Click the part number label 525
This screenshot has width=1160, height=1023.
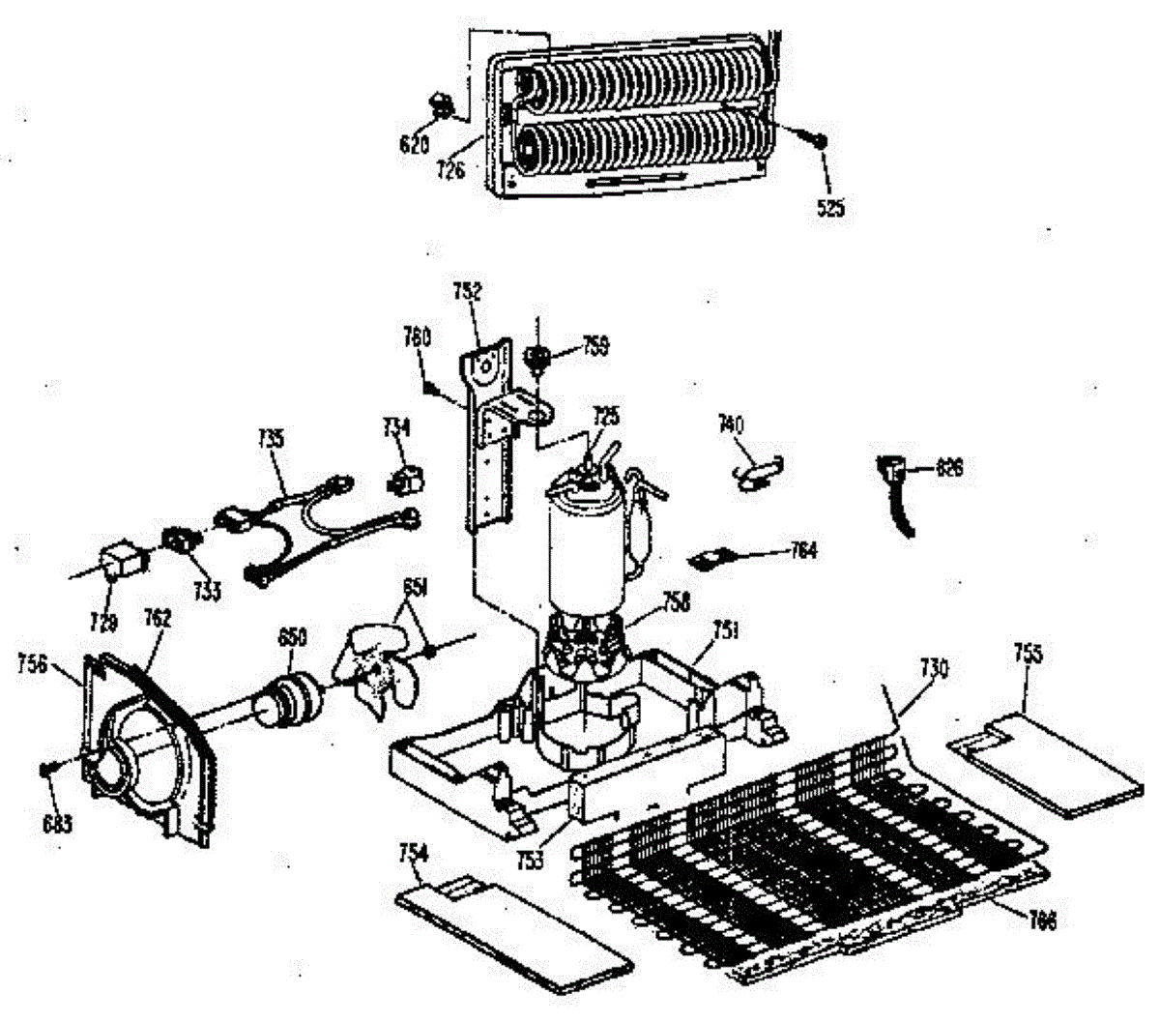tap(829, 207)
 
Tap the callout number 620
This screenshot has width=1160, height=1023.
tap(414, 146)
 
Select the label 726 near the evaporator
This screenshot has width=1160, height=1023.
tap(450, 170)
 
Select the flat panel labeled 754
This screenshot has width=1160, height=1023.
tap(516, 927)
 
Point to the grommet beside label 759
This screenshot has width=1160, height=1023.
tap(537, 361)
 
